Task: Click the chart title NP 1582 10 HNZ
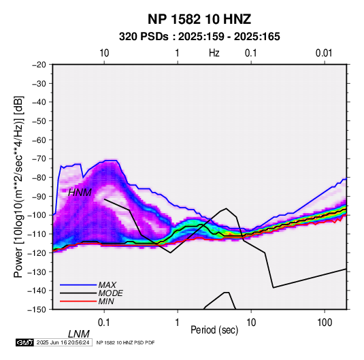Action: (199, 19)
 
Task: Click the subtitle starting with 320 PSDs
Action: (199, 37)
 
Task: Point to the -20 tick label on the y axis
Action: (39, 65)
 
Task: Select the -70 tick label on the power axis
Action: (39, 159)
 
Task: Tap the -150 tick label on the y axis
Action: (37, 310)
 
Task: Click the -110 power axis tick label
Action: (37, 234)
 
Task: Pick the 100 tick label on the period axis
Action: (324, 323)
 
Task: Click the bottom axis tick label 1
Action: (178, 323)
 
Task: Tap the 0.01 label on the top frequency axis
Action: (324, 53)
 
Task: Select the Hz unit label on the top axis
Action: (214, 53)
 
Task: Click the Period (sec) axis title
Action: (214, 330)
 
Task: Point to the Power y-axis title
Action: (18, 187)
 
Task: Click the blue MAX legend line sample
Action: (78, 285)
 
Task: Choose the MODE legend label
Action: (110, 293)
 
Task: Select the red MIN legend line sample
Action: (78, 301)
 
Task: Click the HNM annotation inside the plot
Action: (80, 193)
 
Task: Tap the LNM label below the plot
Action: (79, 334)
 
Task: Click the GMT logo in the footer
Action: (25, 342)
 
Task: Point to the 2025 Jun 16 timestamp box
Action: (63, 342)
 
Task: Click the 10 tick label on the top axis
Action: (104, 53)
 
